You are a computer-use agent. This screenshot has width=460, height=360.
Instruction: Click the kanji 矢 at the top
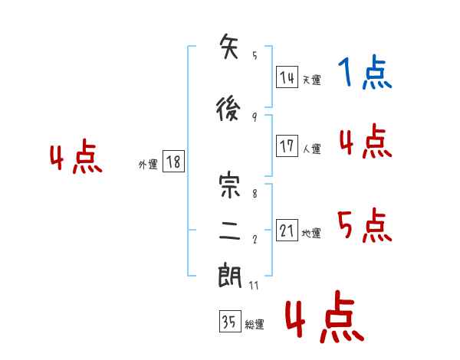tap(229, 46)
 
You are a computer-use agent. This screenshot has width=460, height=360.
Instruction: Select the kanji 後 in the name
tap(228, 109)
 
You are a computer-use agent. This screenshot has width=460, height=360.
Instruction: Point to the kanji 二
tap(230, 231)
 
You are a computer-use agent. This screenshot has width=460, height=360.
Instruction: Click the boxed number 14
tap(287, 77)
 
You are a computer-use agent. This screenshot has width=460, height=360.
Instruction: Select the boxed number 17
tap(287, 146)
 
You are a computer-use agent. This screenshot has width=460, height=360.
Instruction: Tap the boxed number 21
tap(287, 230)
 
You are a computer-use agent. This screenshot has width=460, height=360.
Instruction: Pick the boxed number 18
tap(173, 162)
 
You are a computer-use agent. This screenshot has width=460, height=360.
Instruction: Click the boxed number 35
tap(230, 321)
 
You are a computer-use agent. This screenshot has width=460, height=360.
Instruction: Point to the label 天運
tap(312, 80)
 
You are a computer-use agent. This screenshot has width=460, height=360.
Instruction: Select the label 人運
tap(312, 149)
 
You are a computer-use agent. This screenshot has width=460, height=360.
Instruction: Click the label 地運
tap(311, 233)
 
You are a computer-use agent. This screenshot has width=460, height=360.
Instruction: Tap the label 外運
tap(148, 165)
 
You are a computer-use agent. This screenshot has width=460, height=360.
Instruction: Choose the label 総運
tap(255, 325)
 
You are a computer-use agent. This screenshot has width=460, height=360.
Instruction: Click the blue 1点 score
tap(365, 72)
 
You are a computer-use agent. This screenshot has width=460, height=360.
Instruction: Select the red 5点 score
tap(365, 225)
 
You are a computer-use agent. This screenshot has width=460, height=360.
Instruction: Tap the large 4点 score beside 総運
tap(325, 316)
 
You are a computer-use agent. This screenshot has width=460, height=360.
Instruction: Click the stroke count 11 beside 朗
tap(254, 285)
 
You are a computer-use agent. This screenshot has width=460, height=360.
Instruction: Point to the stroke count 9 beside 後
tap(255, 117)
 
